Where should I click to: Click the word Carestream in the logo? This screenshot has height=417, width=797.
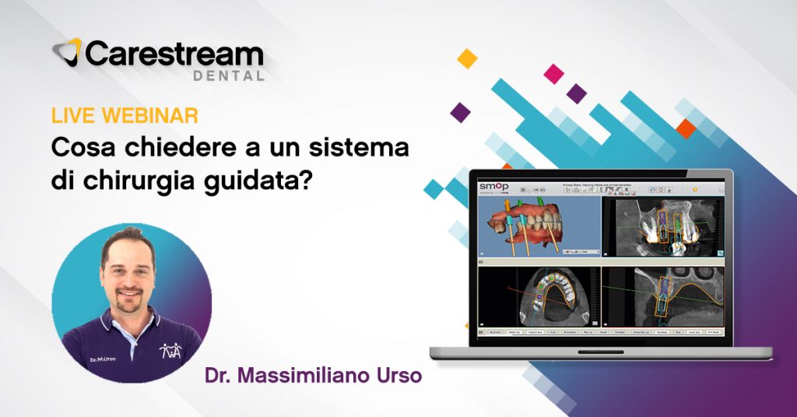(174, 55)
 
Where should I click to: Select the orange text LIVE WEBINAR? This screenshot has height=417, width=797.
(125, 116)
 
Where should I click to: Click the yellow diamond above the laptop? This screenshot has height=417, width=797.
(467, 58)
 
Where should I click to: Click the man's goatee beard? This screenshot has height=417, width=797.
(128, 301)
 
